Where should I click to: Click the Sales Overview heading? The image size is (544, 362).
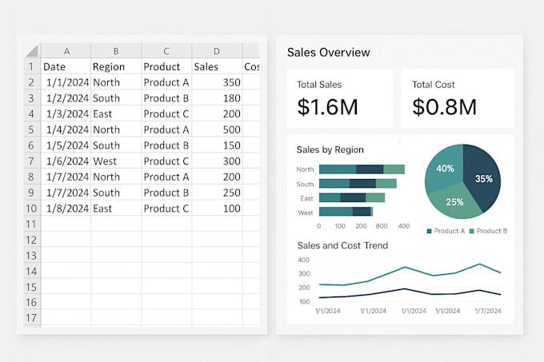328,53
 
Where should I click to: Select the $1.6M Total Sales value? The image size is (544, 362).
327,106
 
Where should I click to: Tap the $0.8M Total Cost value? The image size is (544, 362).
444,106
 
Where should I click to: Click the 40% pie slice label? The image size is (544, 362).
445,169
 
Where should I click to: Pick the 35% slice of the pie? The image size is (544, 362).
483,179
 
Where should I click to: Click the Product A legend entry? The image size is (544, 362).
445,231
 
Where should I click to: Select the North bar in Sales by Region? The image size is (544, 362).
361,169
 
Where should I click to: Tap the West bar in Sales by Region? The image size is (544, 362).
345,212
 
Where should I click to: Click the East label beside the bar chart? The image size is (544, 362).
306,198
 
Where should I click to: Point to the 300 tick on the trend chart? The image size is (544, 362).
303,273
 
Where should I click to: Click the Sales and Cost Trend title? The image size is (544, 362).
342,246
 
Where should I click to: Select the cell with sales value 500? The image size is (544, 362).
217,129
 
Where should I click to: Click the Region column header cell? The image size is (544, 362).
115,66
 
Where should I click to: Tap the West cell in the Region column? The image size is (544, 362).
115,161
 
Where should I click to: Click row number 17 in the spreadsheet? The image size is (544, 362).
29,317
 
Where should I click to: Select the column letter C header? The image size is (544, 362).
166,50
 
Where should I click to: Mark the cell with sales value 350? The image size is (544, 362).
217,82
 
